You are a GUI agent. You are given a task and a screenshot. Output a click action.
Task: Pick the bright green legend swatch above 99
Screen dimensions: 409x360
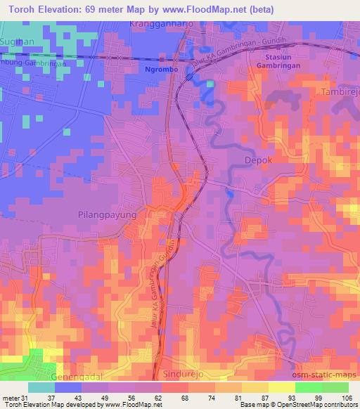tap(308, 387)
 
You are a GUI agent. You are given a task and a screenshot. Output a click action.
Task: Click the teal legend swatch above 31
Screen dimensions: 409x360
tap(41, 387)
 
